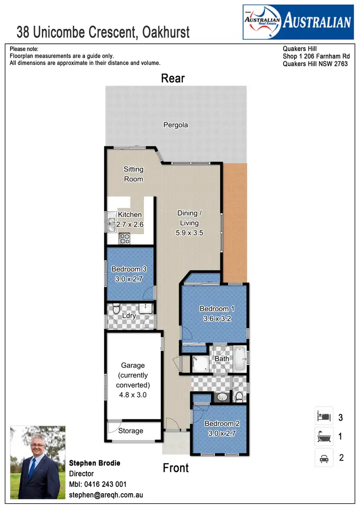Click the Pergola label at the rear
point(175,125)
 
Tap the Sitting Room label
point(133,174)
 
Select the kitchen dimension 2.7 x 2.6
point(130,224)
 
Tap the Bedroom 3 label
point(129,269)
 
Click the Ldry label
point(129,316)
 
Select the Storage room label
point(131,431)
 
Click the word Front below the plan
point(176,468)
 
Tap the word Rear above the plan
point(173,78)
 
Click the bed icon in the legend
point(324,416)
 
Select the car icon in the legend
point(324,458)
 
